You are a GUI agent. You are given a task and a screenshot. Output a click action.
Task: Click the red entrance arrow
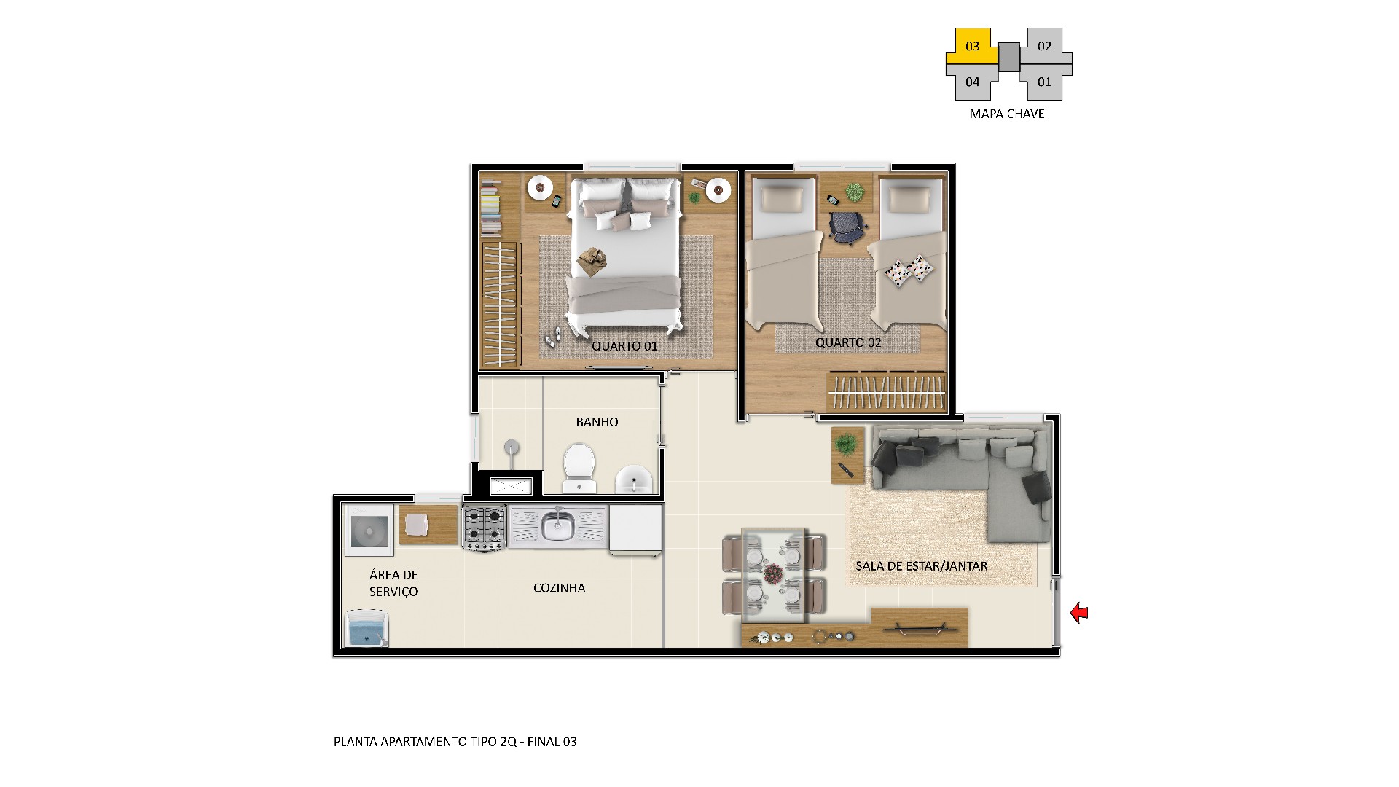[x=1078, y=614]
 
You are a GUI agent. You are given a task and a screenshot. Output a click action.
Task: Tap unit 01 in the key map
[x=1045, y=82]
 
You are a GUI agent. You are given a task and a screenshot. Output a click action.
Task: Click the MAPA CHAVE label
[x=1007, y=114]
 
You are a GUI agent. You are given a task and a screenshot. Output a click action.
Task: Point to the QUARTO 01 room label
[x=624, y=346]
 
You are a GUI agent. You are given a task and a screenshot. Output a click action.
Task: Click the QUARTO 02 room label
[x=848, y=342]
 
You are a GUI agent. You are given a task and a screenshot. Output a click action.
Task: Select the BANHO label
[x=597, y=422]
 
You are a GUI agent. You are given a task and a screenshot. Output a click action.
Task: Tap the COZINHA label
[x=559, y=588]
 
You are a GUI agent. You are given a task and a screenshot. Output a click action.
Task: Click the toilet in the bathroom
[x=579, y=467]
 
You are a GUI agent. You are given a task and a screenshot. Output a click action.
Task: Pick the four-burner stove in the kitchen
[x=485, y=528]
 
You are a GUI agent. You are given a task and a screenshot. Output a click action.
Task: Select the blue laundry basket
[x=366, y=628]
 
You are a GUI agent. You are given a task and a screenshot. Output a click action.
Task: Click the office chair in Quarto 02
[x=845, y=227]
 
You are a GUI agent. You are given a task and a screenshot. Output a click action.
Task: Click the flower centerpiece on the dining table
[x=773, y=573]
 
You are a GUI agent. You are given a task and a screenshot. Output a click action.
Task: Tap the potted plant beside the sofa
[x=846, y=442]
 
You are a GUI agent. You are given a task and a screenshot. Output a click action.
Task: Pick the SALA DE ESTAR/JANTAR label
[x=921, y=566]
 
